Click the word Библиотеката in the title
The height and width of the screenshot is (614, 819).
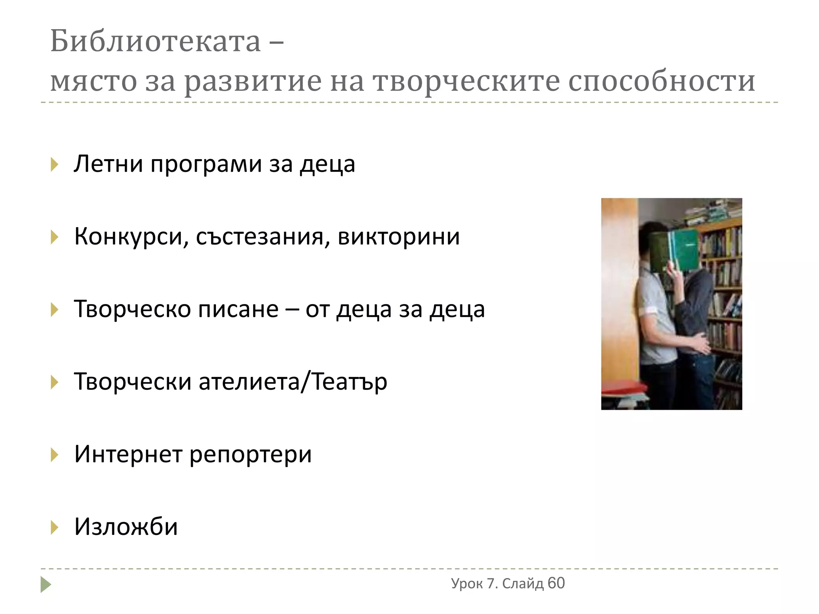click(155, 42)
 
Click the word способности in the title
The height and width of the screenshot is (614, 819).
click(661, 82)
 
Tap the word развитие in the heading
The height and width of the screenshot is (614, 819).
click(253, 82)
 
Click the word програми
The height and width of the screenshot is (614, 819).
click(206, 165)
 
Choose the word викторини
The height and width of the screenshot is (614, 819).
click(399, 237)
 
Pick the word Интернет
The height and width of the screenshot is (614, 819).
click(128, 454)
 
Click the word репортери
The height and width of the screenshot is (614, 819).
click(250, 455)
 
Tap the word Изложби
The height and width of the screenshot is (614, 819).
click(126, 526)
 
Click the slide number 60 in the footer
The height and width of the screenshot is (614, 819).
click(556, 583)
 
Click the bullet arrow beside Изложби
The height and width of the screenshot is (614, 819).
click(54, 527)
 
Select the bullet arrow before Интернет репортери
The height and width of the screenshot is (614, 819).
click(54, 455)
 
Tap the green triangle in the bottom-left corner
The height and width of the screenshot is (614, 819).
click(46, 584)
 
